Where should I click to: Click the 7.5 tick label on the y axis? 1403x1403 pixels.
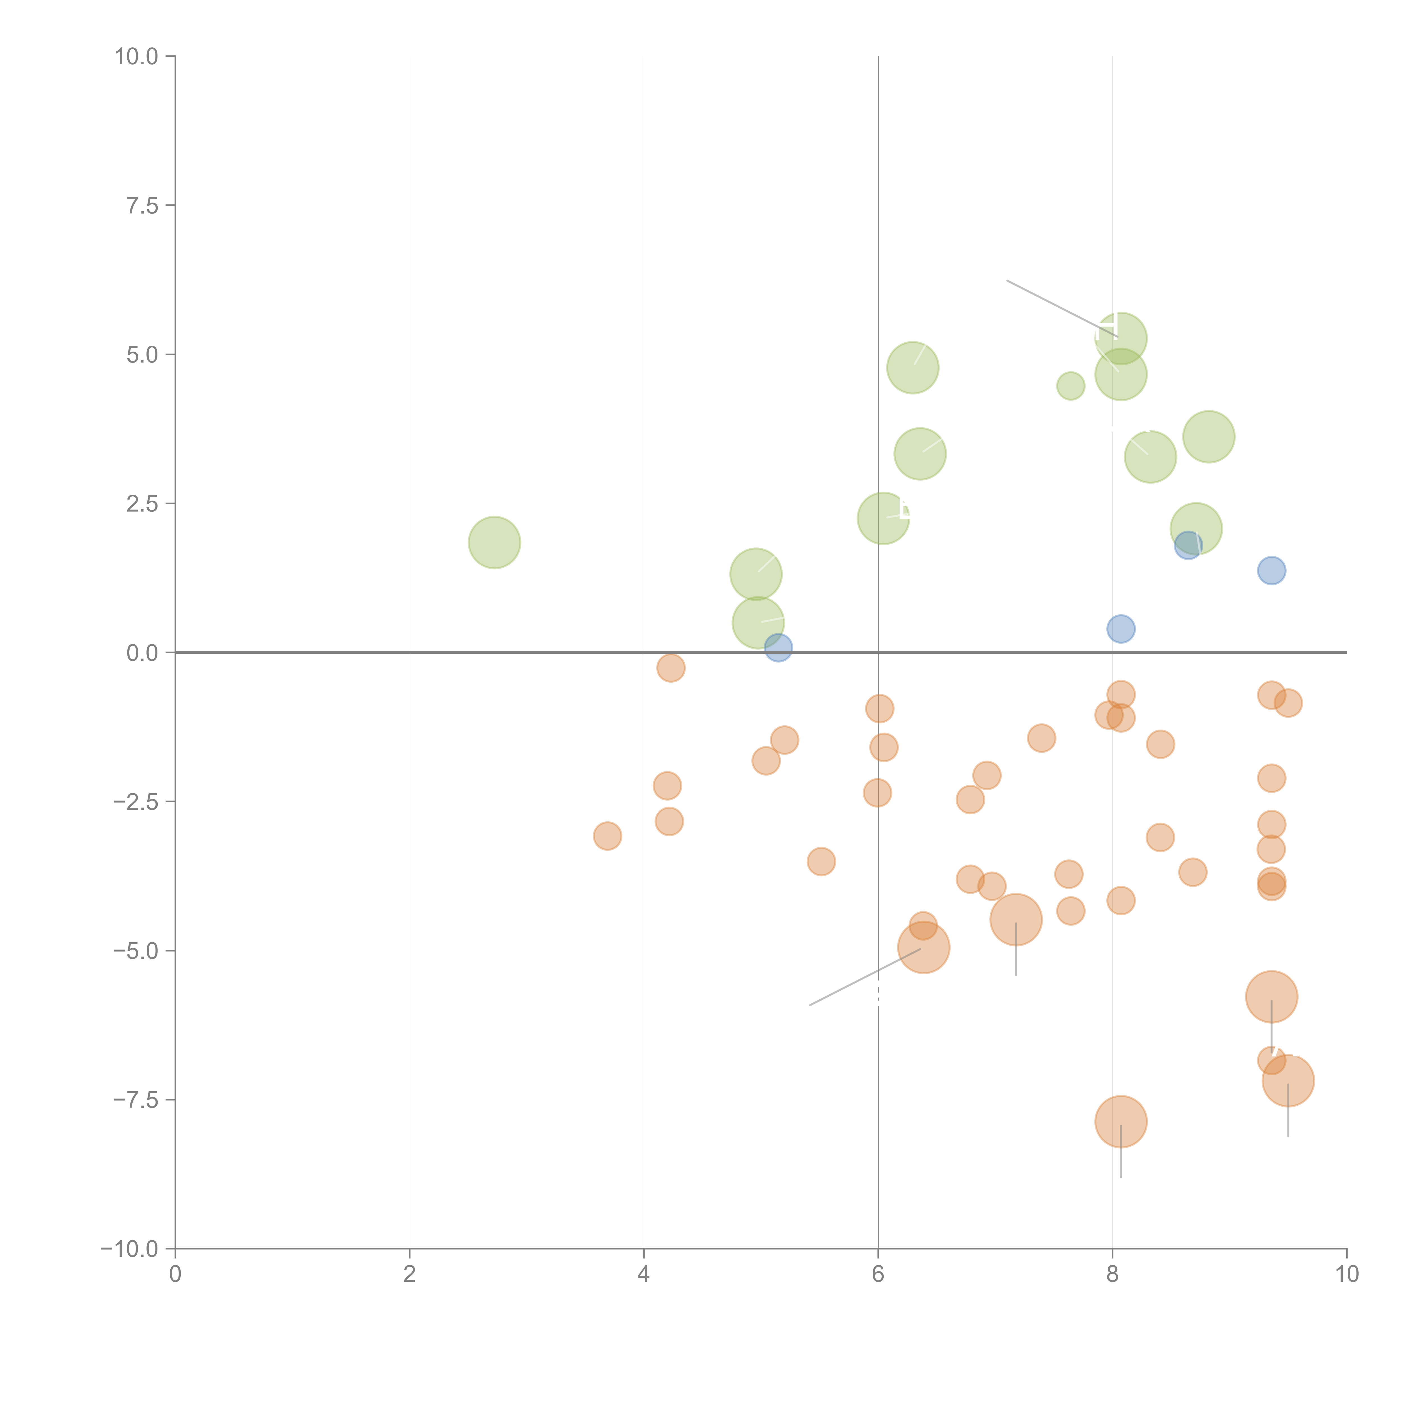(x=142, y=205)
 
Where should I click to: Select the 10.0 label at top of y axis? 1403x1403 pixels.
(x=137, y=57)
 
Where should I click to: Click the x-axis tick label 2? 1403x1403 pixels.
(x=410, y=1274)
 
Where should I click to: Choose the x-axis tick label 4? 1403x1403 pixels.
(x=643, y=1274)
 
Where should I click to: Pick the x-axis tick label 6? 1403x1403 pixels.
(x=878, y=1274)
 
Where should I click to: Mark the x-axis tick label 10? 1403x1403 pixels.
(x=1346, y=1274)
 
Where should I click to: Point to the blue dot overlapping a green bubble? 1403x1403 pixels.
(x=1187, y=545)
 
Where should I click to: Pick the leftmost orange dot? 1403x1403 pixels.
(x=607, y=836)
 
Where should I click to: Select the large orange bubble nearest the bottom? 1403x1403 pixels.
(x=1120, y=1122)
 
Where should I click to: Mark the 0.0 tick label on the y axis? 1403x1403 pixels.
(x=142, y=653)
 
